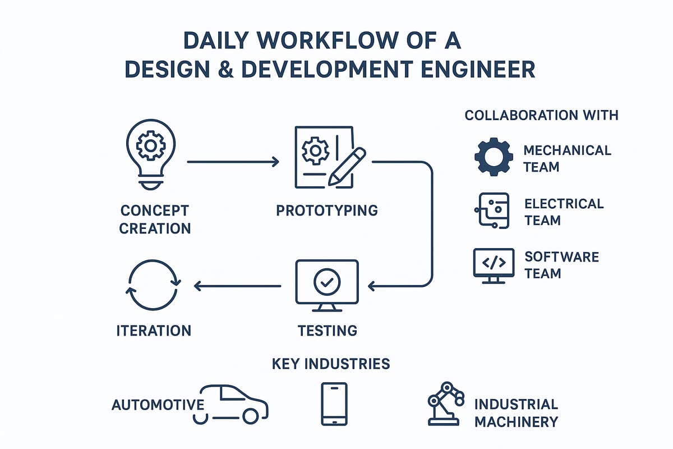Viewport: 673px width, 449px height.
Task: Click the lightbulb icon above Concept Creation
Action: click(150, 152)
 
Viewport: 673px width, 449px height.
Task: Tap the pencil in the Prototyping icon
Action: click(347, 167)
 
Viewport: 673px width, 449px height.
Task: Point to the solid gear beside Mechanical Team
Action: click(494, 158)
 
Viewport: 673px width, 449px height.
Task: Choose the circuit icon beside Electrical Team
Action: click(492, 210)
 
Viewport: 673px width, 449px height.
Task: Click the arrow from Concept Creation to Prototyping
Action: click(233, 162)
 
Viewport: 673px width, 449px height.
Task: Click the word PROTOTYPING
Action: click(327, 211)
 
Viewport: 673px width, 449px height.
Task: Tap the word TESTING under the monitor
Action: click(328, 330)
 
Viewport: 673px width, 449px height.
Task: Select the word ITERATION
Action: click(154, 331)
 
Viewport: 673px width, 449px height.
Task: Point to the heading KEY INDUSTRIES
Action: click(330, 364)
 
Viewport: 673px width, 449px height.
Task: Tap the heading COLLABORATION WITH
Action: click(541, 116)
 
